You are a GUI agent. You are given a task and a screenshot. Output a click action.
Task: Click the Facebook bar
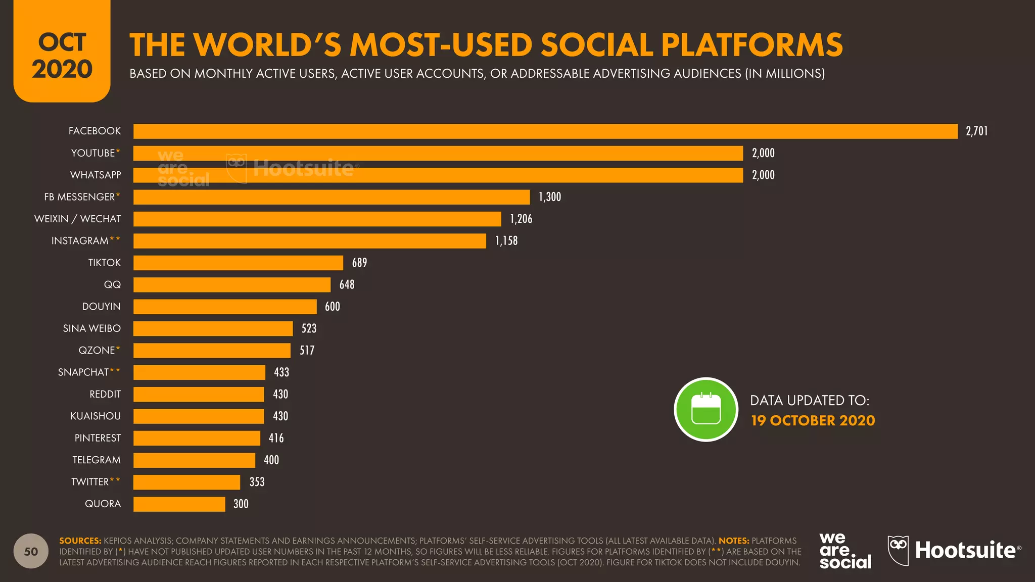point(545,131)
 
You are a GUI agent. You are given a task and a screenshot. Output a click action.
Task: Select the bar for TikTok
point(238,263)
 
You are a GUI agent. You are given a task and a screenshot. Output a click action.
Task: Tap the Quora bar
point(179,504)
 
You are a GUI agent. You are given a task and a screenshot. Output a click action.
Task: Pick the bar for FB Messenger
point(332,197)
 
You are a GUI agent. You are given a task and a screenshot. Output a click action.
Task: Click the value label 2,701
point(976,131)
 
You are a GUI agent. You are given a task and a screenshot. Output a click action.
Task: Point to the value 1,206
point(521,219)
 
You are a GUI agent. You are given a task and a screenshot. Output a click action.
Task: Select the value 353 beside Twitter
point(257,482)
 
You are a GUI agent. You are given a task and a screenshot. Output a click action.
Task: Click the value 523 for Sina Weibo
point(309,328)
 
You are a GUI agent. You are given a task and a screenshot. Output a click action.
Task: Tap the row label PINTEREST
point(98,438)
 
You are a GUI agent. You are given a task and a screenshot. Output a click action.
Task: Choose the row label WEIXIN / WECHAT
point(78,219)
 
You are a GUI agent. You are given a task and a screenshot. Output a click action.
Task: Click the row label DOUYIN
point(101,307)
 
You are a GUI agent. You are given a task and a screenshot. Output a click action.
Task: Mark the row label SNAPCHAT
point(83,372)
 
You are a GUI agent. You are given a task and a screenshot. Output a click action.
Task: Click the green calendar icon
point(705,409)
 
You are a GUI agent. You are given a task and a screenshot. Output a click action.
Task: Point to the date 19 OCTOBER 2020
point(813,420)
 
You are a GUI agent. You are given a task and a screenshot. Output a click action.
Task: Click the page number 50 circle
point(31,551)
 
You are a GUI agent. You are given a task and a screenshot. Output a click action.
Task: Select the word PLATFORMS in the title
point(751,45)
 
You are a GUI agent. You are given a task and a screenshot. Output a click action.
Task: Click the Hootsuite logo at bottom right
point(954,551)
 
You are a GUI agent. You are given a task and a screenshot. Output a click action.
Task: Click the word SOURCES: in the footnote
point(80,541)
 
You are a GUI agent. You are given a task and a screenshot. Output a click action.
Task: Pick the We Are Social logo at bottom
point(845,551)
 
